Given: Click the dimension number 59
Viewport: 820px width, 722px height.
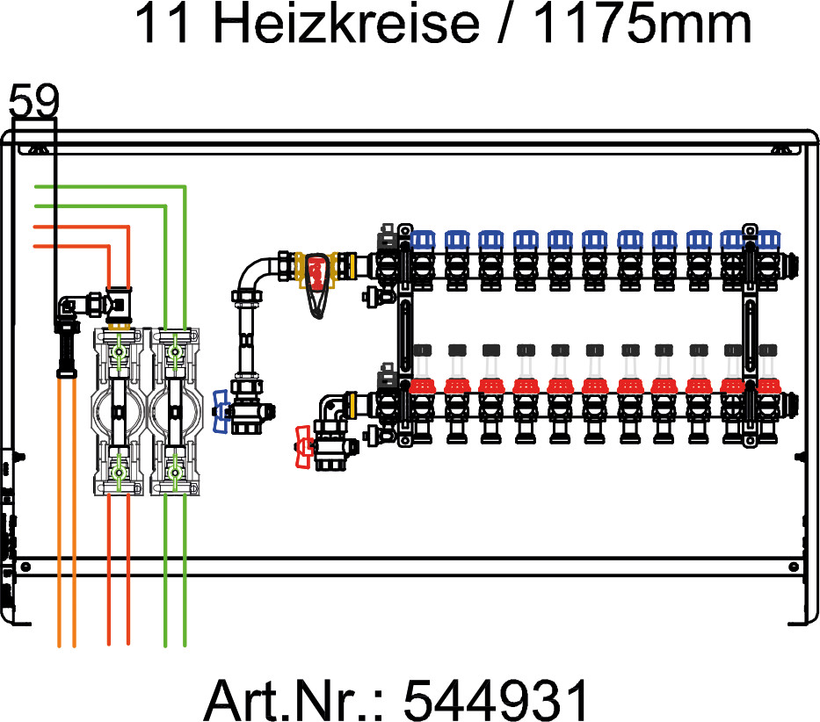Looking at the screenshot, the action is pos(34,100).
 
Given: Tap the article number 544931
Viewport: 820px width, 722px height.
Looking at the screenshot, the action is pos(496,699).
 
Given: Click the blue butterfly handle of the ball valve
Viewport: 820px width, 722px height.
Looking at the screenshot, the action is pos(221,411).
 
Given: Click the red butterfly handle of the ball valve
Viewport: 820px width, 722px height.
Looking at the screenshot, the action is pos(304,447).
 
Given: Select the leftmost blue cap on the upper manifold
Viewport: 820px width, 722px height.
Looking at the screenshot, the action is pos(423,240).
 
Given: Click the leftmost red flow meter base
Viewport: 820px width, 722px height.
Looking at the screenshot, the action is pos(423,386).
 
